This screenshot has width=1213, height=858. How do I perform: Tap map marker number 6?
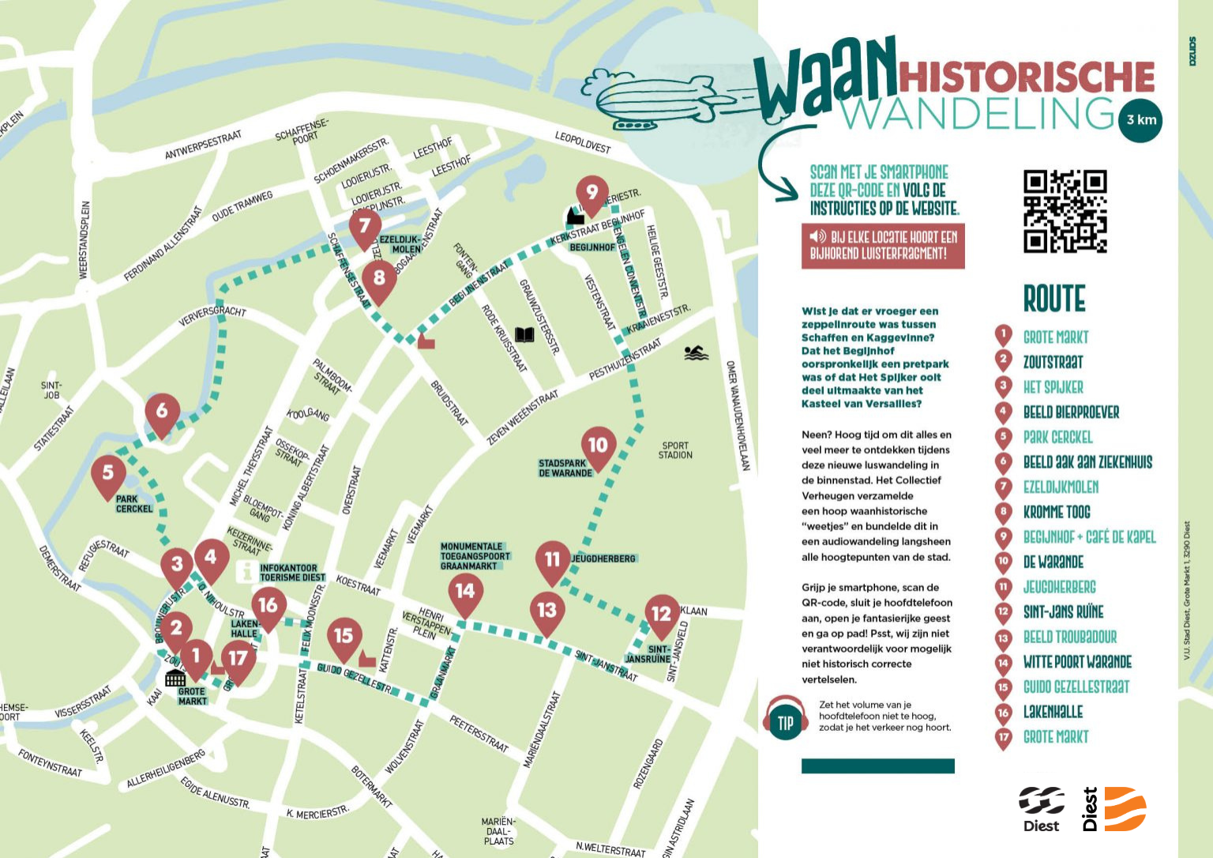162,412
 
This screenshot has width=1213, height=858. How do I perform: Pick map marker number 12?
662,614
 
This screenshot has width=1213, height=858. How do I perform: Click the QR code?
1065,211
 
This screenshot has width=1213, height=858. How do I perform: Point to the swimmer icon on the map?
696,353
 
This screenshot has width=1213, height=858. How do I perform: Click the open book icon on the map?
524,335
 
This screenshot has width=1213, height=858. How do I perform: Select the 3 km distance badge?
1140,120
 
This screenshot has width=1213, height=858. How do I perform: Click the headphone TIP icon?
785,722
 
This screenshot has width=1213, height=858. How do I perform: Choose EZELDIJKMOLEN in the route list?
1061,487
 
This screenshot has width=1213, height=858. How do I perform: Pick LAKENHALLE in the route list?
1053,712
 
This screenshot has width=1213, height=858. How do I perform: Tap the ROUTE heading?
1054,299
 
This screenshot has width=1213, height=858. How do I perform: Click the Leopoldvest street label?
583,143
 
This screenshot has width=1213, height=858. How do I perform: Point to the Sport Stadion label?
675,450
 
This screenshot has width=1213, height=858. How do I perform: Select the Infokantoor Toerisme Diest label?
292,573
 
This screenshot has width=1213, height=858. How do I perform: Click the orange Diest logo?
1125,809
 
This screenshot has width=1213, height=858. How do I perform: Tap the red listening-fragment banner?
883,246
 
